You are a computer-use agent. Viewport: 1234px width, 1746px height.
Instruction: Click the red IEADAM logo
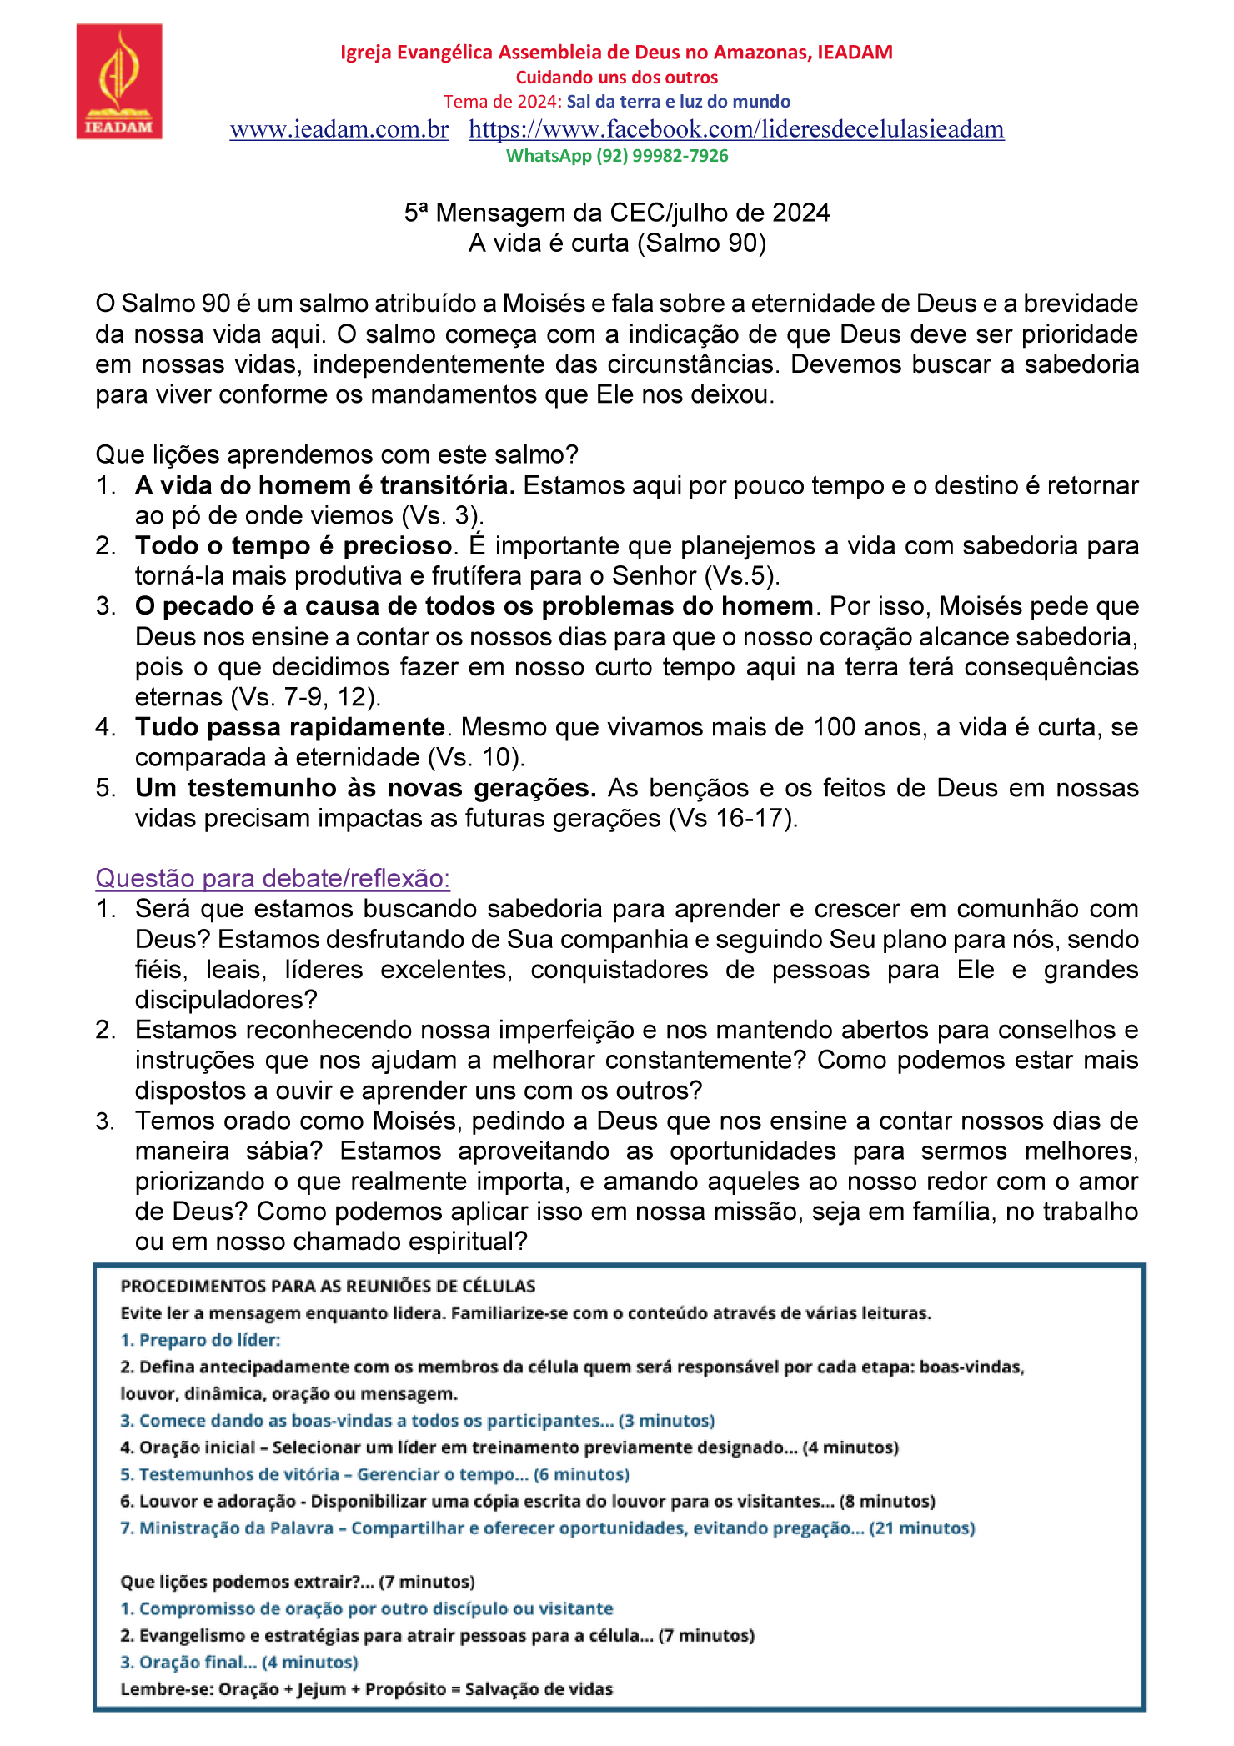(119, 81)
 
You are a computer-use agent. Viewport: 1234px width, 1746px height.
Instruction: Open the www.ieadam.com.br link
(339, 129)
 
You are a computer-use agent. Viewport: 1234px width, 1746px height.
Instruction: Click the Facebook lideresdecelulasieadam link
(736, 129)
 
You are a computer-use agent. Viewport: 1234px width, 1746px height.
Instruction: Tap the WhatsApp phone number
(662, 156)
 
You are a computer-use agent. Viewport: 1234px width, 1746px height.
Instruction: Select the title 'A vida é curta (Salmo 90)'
(617, 243)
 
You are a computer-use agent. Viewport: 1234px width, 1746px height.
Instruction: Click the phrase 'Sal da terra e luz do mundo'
(679, 102)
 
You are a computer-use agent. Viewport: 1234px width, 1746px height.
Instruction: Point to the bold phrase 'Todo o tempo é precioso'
(293, 545)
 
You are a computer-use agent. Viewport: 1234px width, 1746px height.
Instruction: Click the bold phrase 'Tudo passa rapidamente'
(289, 727)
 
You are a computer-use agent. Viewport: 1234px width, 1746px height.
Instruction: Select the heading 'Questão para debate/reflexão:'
(273, 878)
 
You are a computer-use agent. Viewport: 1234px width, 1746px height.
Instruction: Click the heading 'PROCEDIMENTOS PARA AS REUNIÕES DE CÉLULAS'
(329, 1286)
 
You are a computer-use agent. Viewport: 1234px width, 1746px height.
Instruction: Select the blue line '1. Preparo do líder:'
(201, 1340)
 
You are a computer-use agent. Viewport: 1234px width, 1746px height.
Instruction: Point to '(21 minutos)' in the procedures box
(922, 1528)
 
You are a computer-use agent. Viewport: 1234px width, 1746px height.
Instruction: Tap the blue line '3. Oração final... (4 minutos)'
(239, 1663)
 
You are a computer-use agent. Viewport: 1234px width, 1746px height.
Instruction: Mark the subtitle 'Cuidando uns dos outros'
(617, 78)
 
